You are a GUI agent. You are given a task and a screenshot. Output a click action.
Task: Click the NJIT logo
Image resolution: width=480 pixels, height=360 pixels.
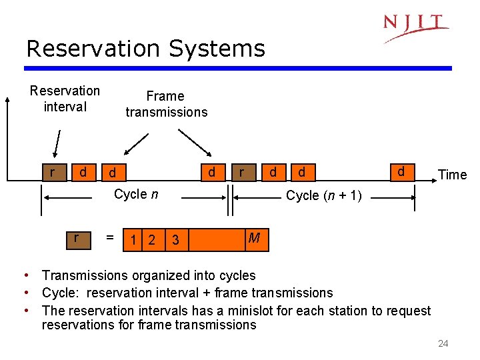[415, 27]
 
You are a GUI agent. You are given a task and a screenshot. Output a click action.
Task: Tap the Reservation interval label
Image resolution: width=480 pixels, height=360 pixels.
[65, 99]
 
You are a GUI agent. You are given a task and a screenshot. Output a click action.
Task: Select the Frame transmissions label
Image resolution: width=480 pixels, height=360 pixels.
[166, 104]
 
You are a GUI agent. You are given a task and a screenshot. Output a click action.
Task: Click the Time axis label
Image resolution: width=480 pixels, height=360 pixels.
[452, 175]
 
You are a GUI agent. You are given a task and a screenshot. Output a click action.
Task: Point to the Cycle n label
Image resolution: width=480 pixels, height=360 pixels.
[136, 195]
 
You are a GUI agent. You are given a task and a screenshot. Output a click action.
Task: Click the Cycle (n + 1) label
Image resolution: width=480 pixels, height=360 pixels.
[323, 195]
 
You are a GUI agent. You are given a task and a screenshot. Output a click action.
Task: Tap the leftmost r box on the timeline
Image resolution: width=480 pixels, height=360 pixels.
[52, 173]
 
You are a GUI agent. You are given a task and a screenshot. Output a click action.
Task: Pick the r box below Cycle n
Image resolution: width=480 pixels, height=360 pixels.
[77, 238]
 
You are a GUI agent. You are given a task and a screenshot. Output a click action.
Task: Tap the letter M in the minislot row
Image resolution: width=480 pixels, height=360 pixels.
[253, 238]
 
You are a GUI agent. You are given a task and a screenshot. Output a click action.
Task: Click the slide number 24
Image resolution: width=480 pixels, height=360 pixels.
[443, 343]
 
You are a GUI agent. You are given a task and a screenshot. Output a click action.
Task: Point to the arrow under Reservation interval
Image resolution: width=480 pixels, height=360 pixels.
[57, 145]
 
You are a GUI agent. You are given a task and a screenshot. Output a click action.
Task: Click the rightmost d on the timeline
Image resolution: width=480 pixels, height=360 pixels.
[401, 171]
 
